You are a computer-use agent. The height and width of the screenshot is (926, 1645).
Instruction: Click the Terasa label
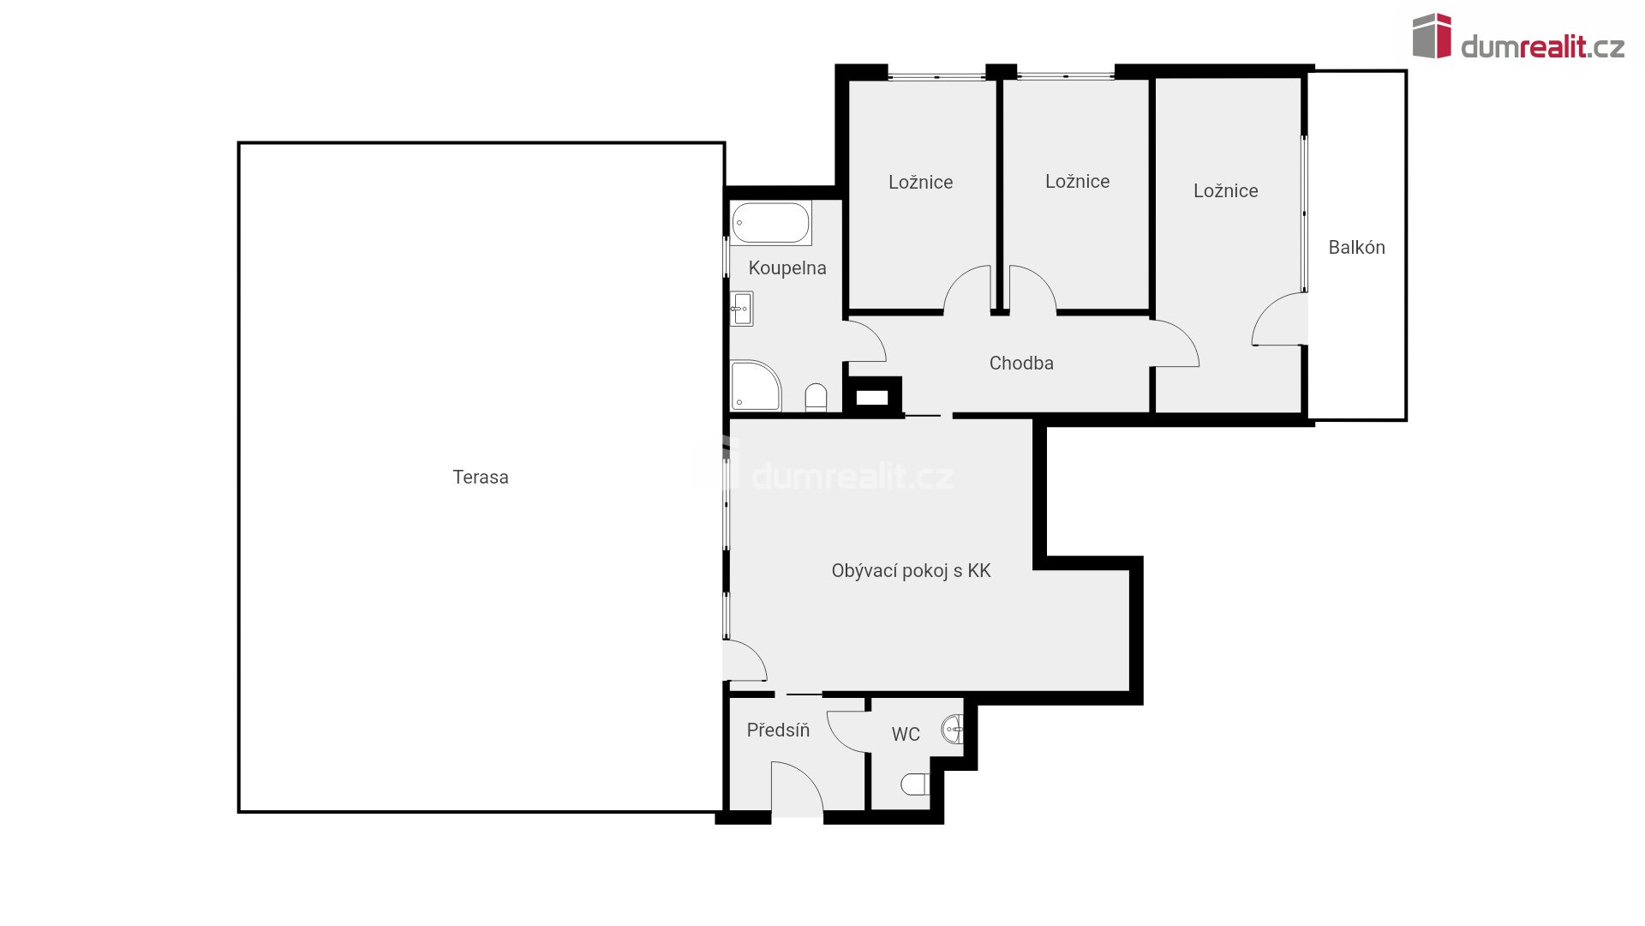[481, 477]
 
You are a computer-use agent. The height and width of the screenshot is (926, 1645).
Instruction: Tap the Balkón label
[1356, 248]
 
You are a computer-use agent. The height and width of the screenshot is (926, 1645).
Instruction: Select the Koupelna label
[787, 268]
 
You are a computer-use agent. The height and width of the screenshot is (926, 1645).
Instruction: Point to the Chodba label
[1021, 364]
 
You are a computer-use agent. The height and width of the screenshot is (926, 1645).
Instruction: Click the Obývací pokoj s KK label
[911, 571]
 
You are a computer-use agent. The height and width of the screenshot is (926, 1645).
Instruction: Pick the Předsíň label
[778, 730]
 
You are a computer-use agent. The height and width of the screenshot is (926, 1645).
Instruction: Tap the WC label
[906, 734]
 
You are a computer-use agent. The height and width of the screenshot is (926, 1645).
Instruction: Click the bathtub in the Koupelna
[771, 223]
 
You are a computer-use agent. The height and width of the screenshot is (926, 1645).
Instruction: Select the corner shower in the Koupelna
[756, 386]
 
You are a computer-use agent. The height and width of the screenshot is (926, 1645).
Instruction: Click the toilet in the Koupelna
[817, 397]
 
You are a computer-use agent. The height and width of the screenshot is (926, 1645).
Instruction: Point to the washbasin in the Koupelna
[741, 309]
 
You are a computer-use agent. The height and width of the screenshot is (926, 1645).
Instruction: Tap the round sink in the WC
[953, 730]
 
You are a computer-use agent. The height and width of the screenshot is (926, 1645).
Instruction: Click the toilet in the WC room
[915, 785]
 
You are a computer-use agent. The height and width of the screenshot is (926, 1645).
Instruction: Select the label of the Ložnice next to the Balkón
[1226, 191]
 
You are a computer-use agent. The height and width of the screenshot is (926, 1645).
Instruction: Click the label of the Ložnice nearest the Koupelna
[921, 183]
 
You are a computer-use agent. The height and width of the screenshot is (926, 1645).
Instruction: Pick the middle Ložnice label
[1078, 182]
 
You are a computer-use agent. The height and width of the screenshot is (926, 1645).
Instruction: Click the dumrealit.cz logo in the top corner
[1518, 37]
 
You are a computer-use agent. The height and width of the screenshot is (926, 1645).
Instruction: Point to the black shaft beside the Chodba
[872, 397]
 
